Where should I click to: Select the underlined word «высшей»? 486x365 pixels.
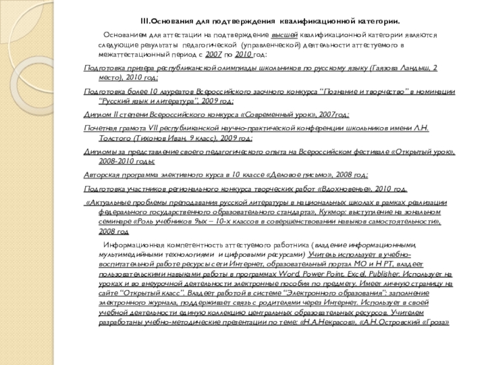point(284,35)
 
